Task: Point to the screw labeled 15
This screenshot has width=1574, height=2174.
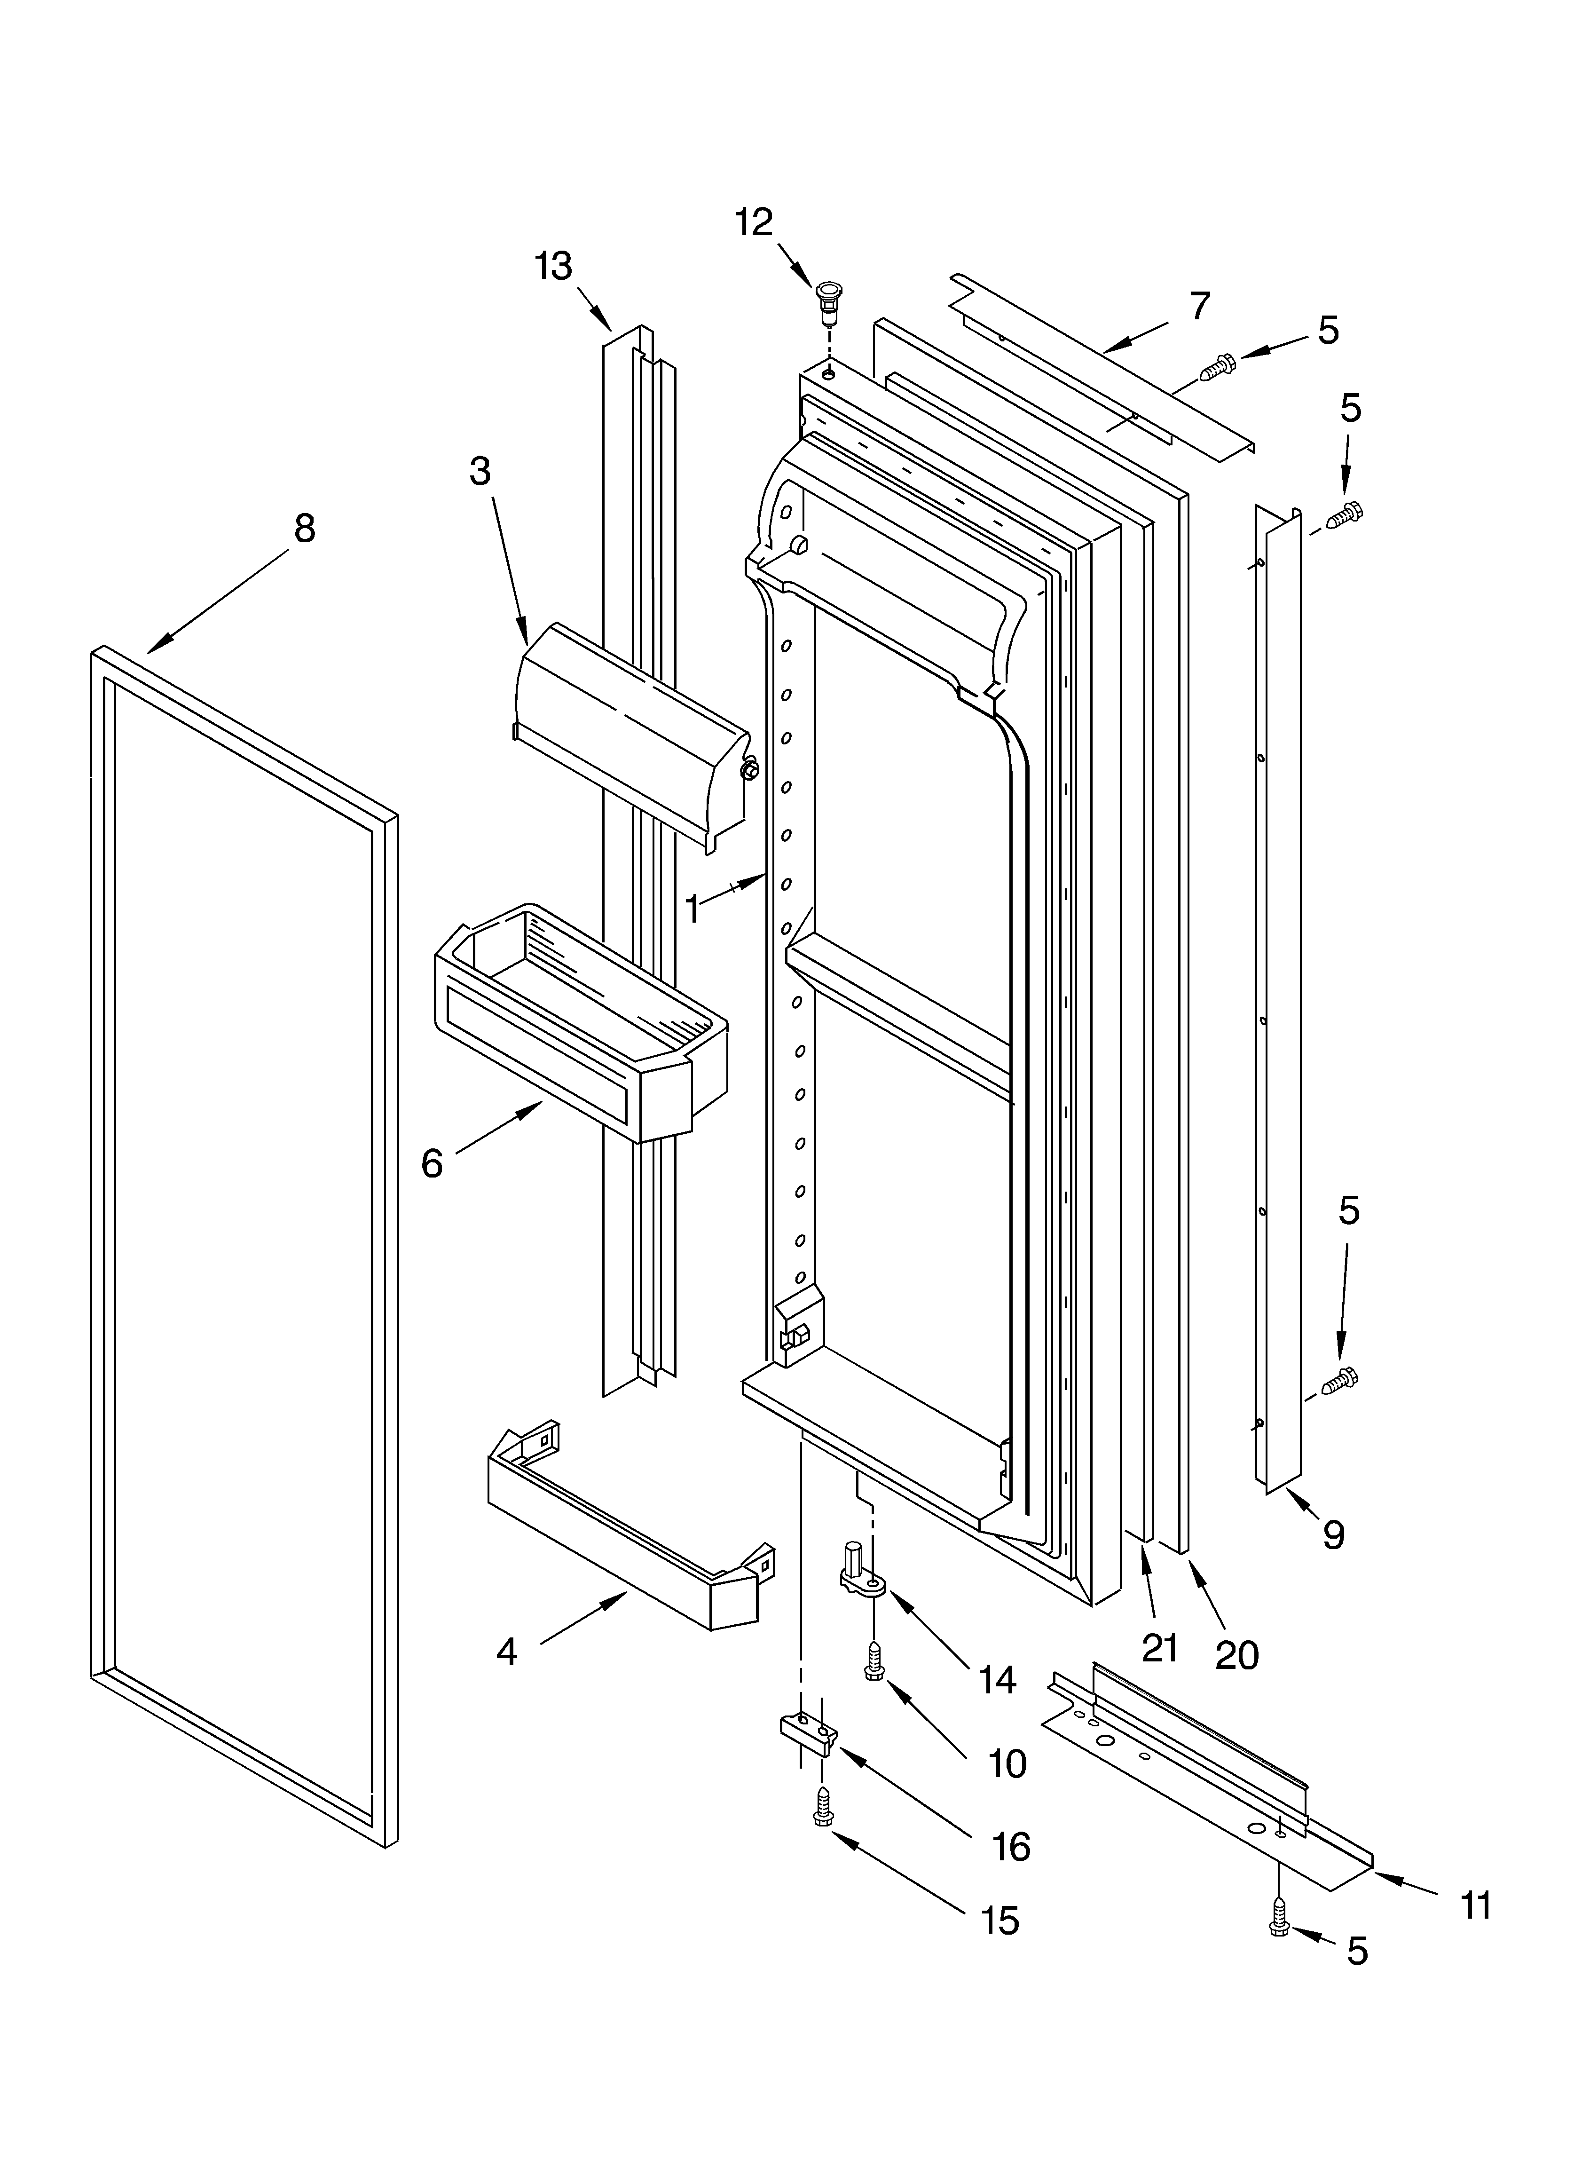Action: pos(821,1808)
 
